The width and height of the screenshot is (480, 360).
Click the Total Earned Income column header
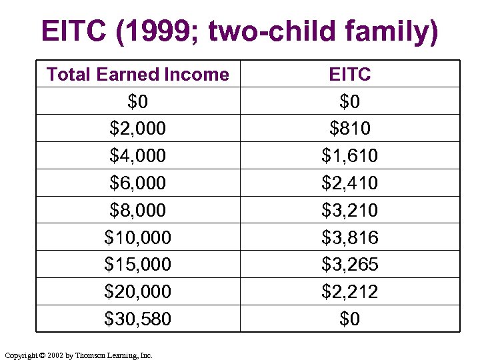pyautogui.click(x=137, y=75)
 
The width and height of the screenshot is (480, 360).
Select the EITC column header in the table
pyautogui.click(x=349, y=75)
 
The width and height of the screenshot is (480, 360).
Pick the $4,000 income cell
pyautogui.click(x=137, y=156)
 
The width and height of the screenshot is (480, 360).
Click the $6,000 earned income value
pyautogui.click(x=137, y=183)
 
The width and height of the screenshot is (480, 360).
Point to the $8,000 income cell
pyautogui.click(x=137, y=210)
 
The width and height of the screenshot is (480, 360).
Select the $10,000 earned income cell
pyautogui.click(x=137, y=237)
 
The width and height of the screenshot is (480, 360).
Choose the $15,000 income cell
pyautogui.click(x=137, y=265)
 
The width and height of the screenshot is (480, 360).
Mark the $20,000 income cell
pyautogui.click(x=137, y=292)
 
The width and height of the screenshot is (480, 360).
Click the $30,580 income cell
pyautogui.click(x=137, y=319)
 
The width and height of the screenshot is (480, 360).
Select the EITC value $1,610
pyautogui.click(x=349, y=156)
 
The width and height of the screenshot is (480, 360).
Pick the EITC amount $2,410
pyautogui.click(x=349, y=183)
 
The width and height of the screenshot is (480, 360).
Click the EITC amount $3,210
pyautogui.click(x=349, y=210)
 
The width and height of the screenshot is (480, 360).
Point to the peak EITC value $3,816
pyautogui.click(x=349, y=237)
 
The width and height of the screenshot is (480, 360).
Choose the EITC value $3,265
pyautogui.click(x=349, y=265)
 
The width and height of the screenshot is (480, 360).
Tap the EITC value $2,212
pyautogui.click(x=349, y=292)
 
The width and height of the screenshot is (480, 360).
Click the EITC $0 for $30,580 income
pyautogui.click(x=349, y=319)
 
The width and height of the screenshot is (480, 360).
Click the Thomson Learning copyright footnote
pyautogui.click(x=78, y=355)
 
